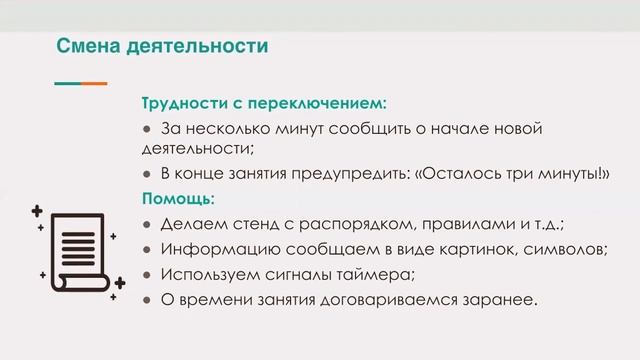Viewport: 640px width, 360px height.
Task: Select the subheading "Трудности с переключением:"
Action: coord(264,104)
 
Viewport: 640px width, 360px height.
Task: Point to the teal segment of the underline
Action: coord(67,83)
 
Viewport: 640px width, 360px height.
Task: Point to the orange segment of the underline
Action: coord(95,83)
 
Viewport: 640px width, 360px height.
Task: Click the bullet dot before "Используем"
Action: coord(146,273)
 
